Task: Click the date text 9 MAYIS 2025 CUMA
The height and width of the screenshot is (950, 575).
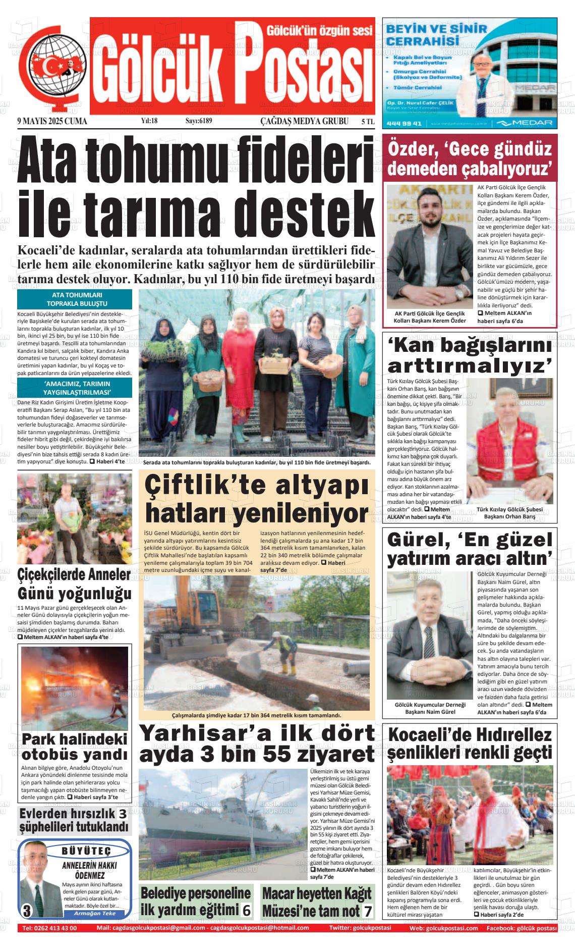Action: click(x=52, y=121)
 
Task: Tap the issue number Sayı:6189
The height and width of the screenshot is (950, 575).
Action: click(x=199, y=121)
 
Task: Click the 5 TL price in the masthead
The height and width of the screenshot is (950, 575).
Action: click(x=368, y=121)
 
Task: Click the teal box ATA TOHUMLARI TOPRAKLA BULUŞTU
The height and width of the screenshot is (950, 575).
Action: click(x=75, y=299)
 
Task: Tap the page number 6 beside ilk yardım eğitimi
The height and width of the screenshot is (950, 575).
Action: click(x=246, y=910)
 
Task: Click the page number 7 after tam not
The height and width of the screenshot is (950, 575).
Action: click(x=368, y=911)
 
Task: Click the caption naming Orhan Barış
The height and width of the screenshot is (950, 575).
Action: click(x=509, y=513)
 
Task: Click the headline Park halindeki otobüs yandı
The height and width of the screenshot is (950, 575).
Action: click(x=75, y=747)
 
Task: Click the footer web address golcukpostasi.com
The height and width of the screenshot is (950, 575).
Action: click(x=451, y=928)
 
